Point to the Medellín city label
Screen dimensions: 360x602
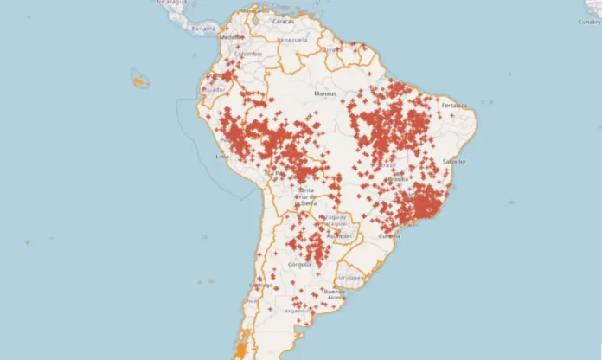(231, 38)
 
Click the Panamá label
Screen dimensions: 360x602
(204, 29)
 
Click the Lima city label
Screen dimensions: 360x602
(221, 157)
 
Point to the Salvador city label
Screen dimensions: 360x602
(453, 161)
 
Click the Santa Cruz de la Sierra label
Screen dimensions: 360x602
(306, 196)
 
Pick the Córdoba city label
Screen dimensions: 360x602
(301, 264)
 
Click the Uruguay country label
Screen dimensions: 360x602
(351, 279)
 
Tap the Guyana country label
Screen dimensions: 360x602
(330, 50)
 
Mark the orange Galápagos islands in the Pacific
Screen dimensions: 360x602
(141, 81)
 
